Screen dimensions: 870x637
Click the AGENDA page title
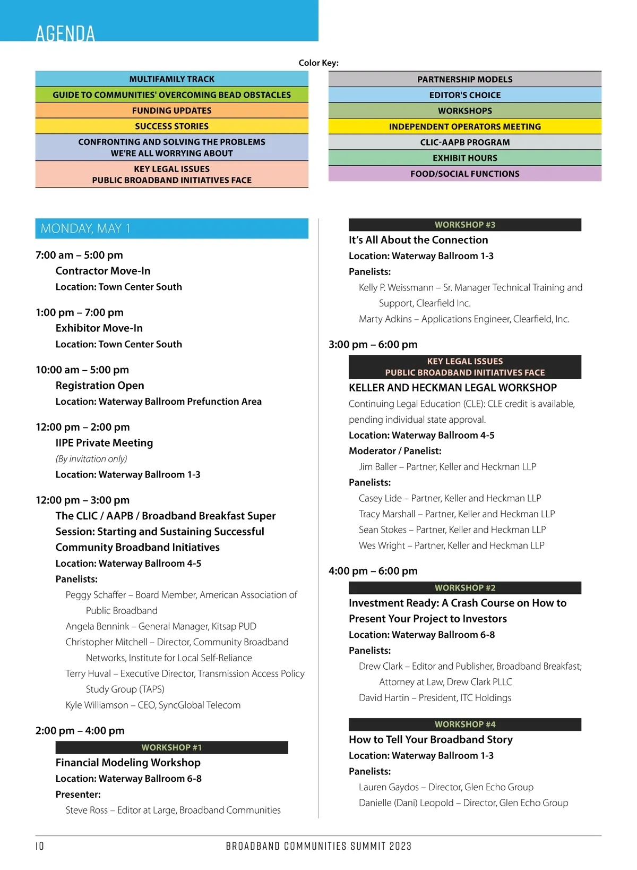[65, 33]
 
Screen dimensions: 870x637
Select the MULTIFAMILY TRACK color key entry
[171, 79]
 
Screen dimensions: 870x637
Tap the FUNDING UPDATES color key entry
[171, 110]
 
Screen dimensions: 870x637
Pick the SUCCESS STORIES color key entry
[171, 126]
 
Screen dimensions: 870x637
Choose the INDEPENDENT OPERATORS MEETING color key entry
[464, 126]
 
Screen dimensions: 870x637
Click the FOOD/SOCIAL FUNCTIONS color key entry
[464, 174]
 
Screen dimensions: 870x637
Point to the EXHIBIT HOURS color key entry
[464, 158]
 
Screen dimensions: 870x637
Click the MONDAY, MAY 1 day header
[85, 228]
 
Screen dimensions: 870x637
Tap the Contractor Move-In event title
[103, 271]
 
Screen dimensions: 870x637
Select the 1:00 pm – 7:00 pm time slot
[80, 312]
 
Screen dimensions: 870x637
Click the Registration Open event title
[100, 386]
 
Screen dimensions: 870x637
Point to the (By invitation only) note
[91, 459]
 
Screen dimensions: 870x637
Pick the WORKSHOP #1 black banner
[171, 747]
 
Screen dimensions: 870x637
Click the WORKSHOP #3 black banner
[464, 225]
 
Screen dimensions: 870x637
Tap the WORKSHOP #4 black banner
[464, 724]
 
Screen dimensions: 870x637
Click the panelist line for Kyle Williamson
[153, 705]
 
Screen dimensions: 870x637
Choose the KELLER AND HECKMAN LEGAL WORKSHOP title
[453, 388]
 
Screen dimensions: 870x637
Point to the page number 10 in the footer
[40, 846]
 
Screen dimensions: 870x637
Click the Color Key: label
[318, 63]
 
